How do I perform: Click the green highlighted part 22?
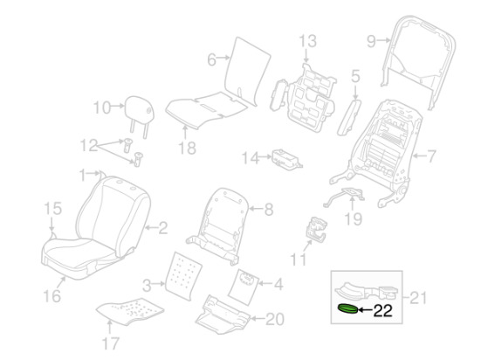[347, 308]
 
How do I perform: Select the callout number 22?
[383, 311]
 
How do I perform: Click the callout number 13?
[307, 41]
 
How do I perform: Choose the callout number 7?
[431, 156]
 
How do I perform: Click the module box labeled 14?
[287, 160]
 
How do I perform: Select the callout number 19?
[354, 219]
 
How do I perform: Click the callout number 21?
[418, 298]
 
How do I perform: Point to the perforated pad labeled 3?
[183, 275]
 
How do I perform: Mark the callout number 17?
[111, 343]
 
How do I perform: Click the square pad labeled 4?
[244, 287]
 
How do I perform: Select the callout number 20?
[275, 319]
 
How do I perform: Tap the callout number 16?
[52, 296]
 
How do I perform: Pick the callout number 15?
[53, 208]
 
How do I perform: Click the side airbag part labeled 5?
[349, 117]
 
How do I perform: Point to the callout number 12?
[89, 145]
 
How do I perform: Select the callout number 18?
[187, 148]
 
